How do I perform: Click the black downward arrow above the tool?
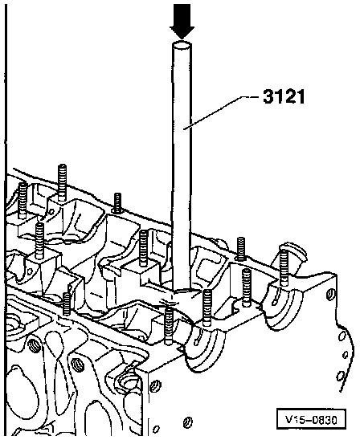(x=182, y=21)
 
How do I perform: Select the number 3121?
(x=284, y=97)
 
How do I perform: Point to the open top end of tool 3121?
(x=182, y=45)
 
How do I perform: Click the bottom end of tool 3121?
(x=182, y=290)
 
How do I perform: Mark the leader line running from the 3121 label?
(x=220, y=112)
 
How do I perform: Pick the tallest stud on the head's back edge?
(x=62, y=183)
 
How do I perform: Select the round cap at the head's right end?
(x=292, y=254)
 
